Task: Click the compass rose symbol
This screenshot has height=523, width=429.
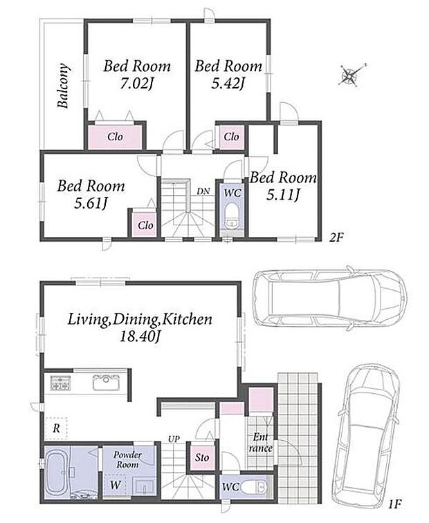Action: click(350, 75)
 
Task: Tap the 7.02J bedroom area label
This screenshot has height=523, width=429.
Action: click(136, 84)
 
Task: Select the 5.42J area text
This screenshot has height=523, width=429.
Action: click(228, 84)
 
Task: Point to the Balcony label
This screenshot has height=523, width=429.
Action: click(64, 86)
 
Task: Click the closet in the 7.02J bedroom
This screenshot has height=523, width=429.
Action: click(116, 137)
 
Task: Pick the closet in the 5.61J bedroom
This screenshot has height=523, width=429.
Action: click(145, 225)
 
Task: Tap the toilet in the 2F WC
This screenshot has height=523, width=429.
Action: click(231, 219)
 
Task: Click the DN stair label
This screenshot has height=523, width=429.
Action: click(203, 191)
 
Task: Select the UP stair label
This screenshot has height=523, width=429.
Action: click(174, 439)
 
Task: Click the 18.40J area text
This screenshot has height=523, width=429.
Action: click(140, 337)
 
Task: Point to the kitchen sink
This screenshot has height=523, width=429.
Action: click(106, 382)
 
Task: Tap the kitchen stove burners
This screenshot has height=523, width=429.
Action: click(60, 383)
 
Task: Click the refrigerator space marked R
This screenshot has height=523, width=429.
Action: click(56, 428)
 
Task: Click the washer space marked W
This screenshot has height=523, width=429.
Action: click(116, 485)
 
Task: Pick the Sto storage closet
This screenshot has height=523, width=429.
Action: click(202, 457)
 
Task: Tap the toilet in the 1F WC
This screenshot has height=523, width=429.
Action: click(253, 487)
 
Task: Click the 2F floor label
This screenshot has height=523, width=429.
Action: click(336, 238)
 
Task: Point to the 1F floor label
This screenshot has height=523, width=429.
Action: click(394, 504)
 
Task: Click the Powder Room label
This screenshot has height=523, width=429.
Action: click(127, 459)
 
